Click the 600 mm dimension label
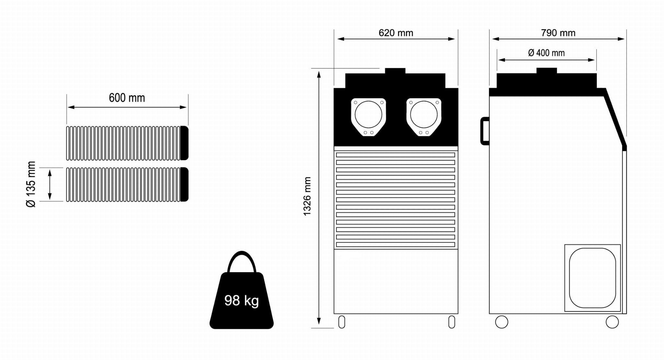(127, 98)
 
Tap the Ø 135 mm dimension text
(31, 184)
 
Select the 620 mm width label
(396, 33)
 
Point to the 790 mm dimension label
(558, 33)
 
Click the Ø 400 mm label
(546, 53)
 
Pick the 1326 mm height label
(307, 196)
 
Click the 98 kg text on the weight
(242, 300)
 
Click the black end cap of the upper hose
(184, 143)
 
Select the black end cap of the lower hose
(184, 184)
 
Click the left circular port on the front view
(368, 114)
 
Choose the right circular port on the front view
(424, 114)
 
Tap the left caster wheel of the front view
(342, 322)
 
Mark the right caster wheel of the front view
(452, 322)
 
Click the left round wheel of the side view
(502, 322)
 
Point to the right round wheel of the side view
(612, 322)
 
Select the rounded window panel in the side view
(592, 278)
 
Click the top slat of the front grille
(396, 155)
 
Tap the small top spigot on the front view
(395, 71)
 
